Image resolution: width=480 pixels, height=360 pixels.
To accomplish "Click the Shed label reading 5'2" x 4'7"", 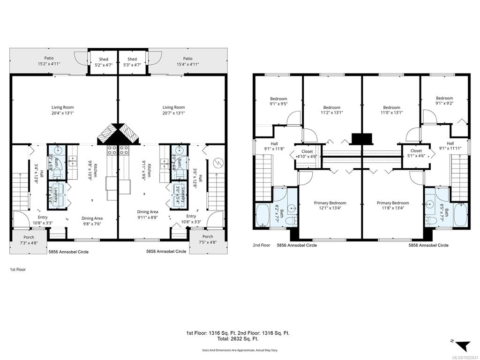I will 103,62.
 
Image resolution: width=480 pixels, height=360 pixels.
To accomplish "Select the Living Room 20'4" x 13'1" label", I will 63,110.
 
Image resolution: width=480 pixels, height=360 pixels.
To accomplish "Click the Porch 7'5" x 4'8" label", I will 207,240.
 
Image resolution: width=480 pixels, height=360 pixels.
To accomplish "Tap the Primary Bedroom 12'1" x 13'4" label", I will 330,206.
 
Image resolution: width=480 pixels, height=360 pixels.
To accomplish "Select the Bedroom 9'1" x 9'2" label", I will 444,101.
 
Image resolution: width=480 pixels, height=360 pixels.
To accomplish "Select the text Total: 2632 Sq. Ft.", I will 238,338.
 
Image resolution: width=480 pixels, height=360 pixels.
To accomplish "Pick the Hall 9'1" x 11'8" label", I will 274,147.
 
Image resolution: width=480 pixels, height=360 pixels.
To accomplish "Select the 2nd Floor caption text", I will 262,245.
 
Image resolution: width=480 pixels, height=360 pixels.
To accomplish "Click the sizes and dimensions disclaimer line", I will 238,350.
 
